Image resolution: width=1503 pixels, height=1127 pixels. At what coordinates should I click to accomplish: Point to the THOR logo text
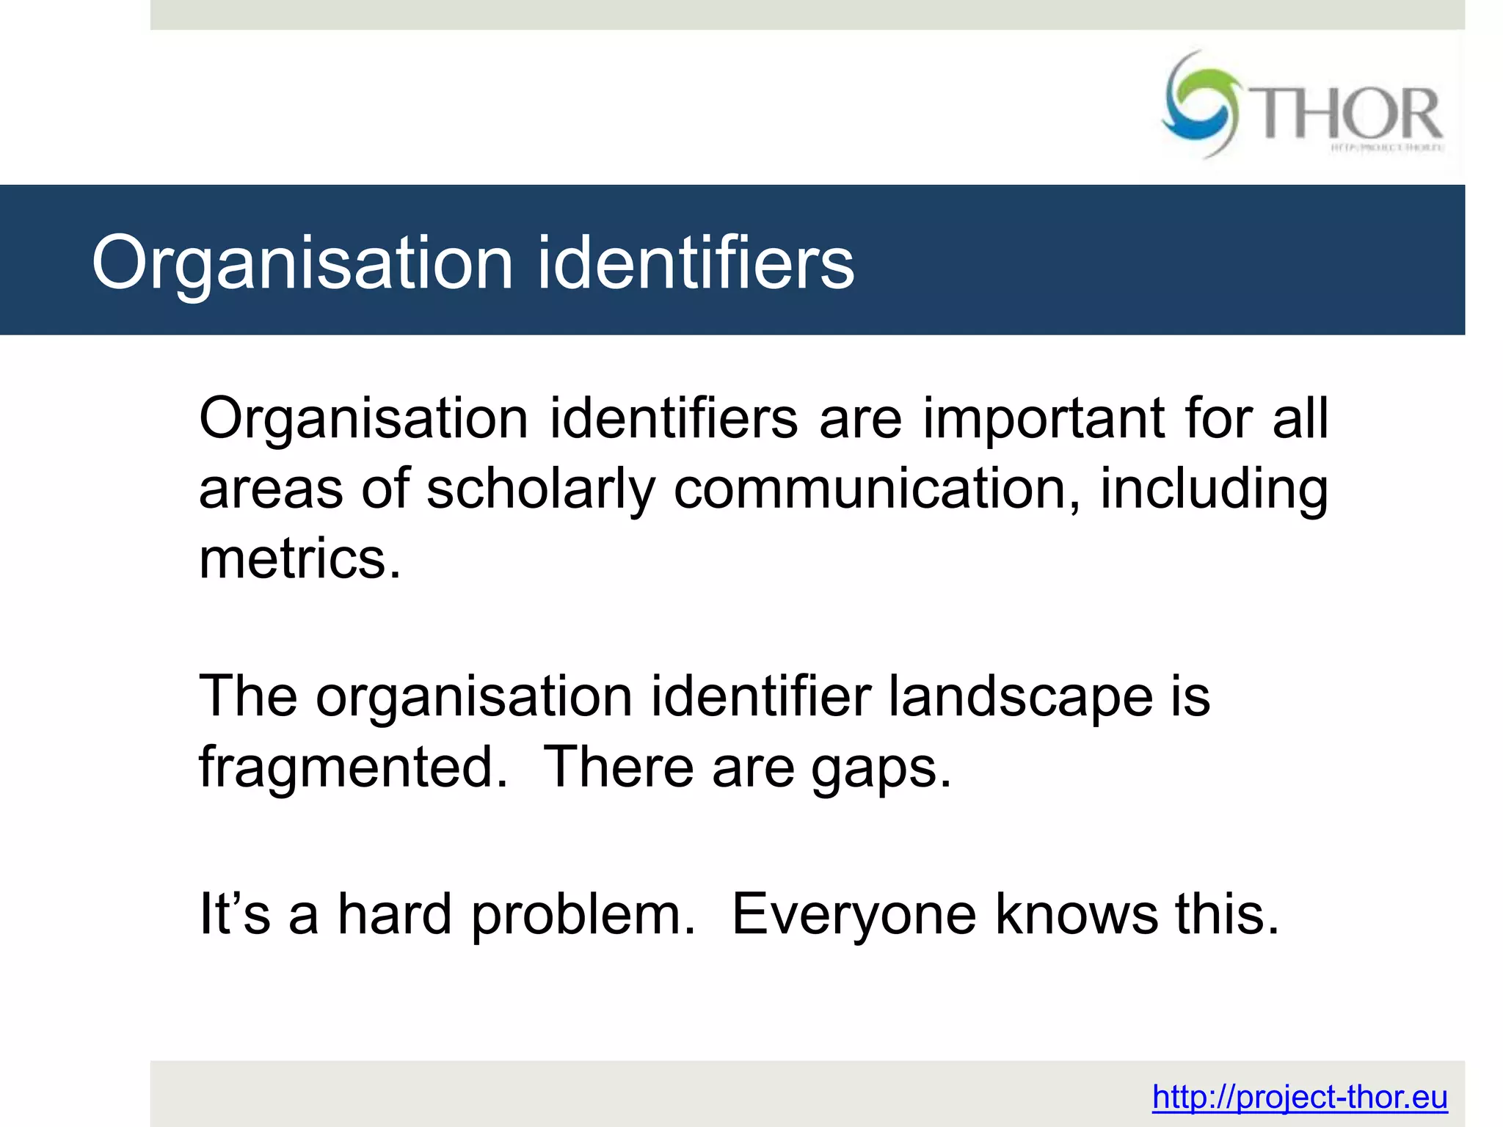1349,114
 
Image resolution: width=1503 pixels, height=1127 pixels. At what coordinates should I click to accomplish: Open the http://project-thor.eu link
1300,1098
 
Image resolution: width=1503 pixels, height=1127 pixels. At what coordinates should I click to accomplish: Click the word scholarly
541,489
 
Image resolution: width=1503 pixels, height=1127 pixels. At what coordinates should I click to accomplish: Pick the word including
1214,489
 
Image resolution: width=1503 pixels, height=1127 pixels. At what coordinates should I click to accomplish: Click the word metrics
300,559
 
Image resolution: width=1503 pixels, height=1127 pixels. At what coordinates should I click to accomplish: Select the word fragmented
353,767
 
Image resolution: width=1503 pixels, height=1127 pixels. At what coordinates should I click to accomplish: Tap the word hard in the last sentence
395,914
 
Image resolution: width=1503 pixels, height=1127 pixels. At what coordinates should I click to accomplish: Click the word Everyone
854,916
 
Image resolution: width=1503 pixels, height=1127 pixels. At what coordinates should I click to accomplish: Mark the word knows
1077,914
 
